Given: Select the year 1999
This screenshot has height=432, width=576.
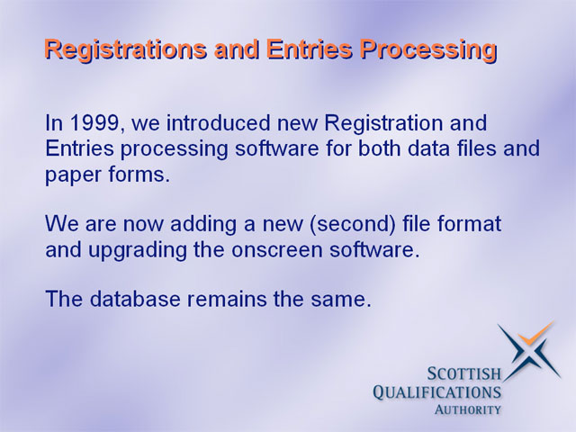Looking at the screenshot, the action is pos(94,123).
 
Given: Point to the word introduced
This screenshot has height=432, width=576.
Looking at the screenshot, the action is pos(218,123).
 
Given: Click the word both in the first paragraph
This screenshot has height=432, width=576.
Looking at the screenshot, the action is pos(380,148).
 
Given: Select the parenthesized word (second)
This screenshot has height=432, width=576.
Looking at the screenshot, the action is pos(353,224).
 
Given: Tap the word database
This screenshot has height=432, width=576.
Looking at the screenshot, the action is pos(135,299).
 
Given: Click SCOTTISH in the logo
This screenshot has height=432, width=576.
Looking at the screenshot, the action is pos(464,374).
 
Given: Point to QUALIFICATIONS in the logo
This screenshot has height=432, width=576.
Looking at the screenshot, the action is pos(436,392).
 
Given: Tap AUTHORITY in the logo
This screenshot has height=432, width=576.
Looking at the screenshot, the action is pos(468,409).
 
